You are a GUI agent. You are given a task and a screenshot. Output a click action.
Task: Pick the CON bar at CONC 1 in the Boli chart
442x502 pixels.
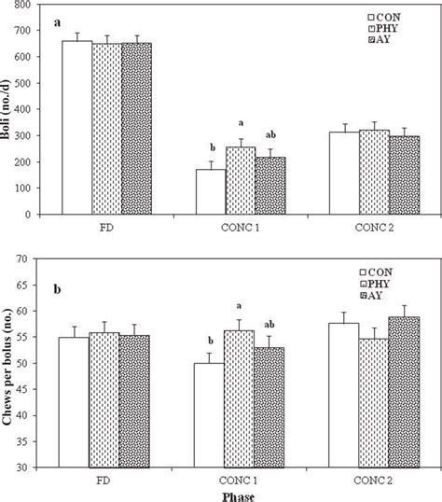click(x=210, y=191)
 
